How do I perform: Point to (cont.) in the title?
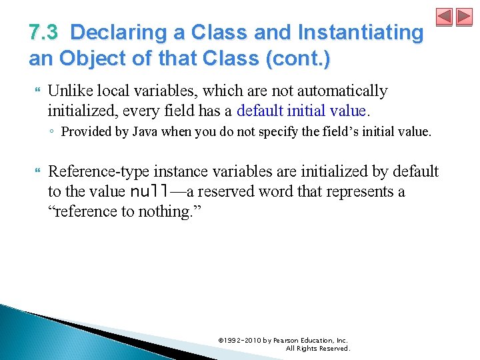(297, 59)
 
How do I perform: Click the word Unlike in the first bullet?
(68, 91)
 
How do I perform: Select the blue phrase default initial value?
(301, 110)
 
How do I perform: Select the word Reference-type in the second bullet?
(94, 172)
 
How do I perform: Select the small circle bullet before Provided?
(52, 132)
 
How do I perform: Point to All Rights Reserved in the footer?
(317, 349)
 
